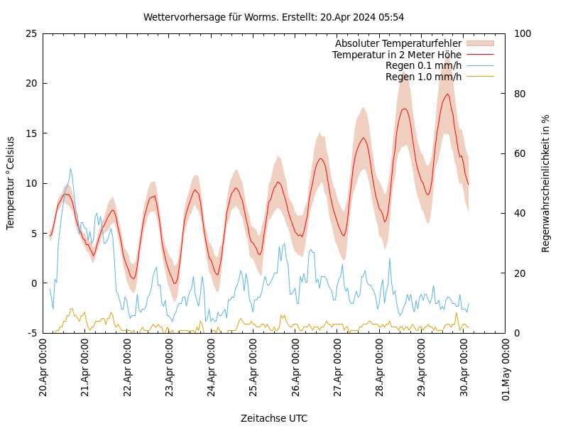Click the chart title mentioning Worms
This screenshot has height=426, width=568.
coord(273,17)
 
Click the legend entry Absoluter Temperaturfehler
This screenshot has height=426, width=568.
coord(398,44)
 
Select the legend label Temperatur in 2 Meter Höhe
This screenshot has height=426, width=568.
coord(396,55)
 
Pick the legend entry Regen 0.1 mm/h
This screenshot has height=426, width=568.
coord(423,65)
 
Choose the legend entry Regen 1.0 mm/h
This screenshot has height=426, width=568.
coord(423,77)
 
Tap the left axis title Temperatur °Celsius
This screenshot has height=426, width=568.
coord(11,182)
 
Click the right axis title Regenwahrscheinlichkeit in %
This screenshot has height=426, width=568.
coord(546,183)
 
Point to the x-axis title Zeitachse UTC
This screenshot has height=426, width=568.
coord(274,418)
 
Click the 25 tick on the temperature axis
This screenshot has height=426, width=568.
coord(31,33)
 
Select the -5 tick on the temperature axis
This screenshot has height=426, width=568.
coord(31,333)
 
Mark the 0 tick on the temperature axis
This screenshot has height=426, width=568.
coord(34,283)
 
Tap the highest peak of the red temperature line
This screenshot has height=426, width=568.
coord(447,94)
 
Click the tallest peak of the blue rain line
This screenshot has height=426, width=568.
coord(70,168)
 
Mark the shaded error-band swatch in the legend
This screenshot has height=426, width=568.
coord(479,44)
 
